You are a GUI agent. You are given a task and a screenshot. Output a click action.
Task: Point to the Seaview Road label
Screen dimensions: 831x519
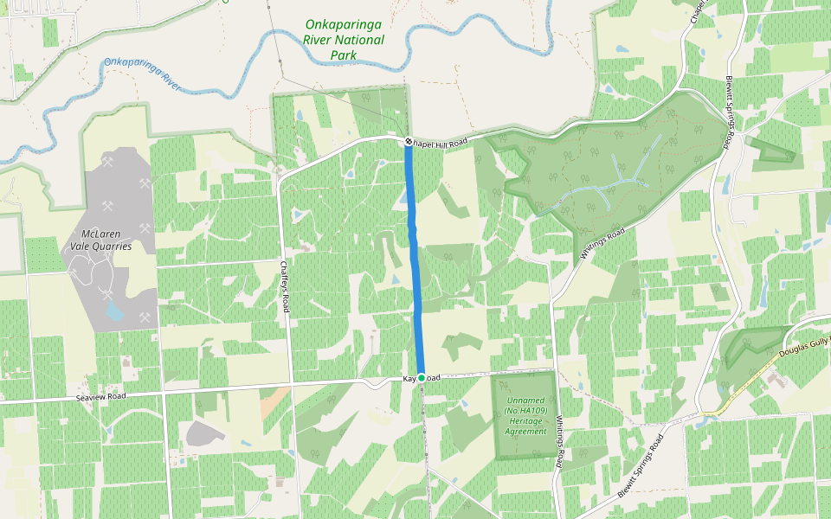(101, 396)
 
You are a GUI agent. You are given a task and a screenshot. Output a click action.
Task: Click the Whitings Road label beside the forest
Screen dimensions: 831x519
(603, 246)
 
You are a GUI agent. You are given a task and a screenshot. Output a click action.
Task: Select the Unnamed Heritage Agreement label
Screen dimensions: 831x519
(526, 415)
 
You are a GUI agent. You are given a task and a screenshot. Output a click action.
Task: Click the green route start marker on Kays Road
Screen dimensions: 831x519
(421, 378)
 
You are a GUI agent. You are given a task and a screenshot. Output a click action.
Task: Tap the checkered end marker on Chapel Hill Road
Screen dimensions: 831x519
(408, 141)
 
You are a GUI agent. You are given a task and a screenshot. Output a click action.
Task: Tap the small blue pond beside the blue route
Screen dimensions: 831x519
(403, 198)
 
